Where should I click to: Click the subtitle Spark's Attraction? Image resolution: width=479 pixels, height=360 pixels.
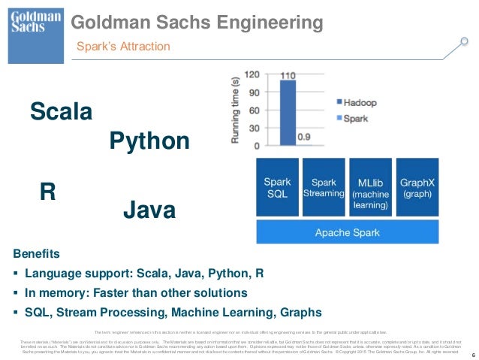pos(124,47)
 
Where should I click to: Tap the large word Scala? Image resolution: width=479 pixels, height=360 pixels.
pos(61,113)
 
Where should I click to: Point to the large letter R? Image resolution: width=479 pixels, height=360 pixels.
pos(48,191)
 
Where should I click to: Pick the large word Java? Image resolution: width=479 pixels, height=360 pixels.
pos(149,210)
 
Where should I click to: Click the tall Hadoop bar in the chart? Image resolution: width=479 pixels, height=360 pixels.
pos(288,113)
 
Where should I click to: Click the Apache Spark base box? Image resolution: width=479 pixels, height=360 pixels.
pos(347,231)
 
